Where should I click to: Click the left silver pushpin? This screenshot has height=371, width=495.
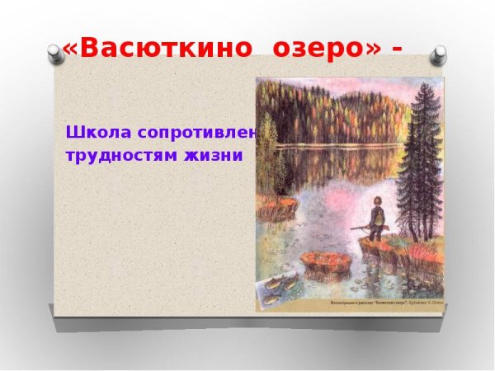[x=55, y=55]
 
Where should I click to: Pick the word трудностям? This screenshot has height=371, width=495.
[x=111, y=154]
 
